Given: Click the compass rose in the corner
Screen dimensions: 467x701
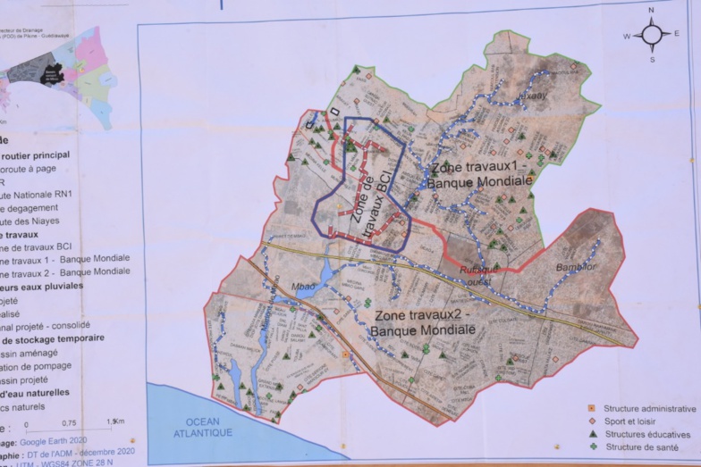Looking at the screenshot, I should pyautogui.click(x=652, y=36).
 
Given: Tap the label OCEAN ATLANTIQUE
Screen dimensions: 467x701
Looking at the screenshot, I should pyautogui.click(x=204, y=427).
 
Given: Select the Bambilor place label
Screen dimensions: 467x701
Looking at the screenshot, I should pyautogui.click(x=577, y=266).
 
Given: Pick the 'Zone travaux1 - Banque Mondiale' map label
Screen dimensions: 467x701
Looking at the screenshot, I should pyautogui.click(x=479, y=174).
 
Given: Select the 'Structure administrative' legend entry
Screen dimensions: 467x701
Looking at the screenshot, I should pyautogui.click(x=648, y=408).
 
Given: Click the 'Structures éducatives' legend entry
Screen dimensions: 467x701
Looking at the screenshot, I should pyautogui.click(x=646, y=434).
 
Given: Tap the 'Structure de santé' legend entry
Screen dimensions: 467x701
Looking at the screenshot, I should pyautogui.click(x=640, y=446).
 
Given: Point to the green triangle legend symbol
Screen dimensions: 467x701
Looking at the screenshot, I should pyautogui.click(x=590, y=434).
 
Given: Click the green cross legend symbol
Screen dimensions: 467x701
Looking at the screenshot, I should pyautogui.click(x=590, y=446).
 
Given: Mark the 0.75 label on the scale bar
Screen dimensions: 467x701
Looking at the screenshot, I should pyautogui.click(x=68, y=423).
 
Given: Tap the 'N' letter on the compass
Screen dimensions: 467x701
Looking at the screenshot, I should pyautogui.click(x=652, y=12).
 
